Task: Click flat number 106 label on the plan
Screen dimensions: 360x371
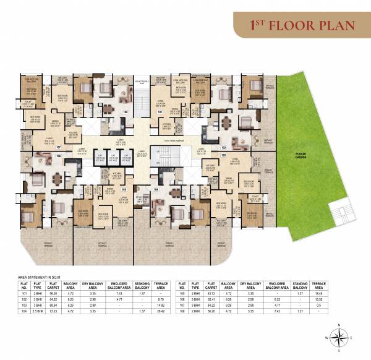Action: [126, 112]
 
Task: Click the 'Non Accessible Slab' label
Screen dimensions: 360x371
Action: [143, 81]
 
